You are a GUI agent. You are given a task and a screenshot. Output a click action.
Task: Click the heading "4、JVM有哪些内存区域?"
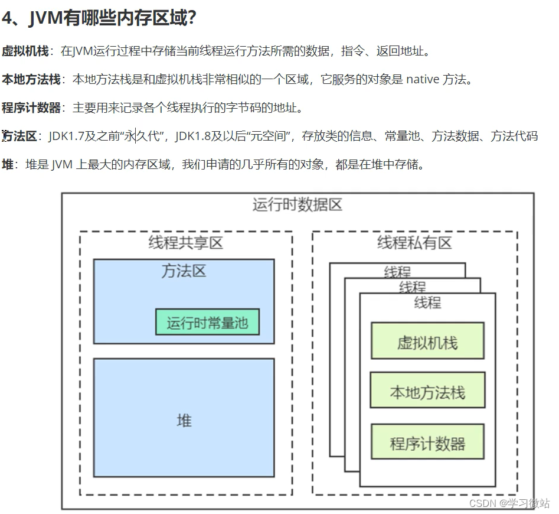[x=99, y=18]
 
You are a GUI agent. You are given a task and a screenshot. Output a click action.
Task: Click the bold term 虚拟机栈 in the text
[x=25, y=51]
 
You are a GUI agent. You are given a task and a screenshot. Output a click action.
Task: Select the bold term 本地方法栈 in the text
[x=31, y=79]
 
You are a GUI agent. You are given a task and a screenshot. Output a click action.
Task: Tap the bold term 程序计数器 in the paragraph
[x=31, y=108]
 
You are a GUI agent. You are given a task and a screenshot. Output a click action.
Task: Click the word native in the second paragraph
[x=423, y=79]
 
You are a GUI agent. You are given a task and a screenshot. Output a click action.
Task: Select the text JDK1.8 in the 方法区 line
[x=194, y=136]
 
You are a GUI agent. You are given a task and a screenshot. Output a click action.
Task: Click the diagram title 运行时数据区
[x=298, y=205]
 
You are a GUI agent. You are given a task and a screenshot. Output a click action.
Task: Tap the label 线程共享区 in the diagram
[x=185, y=242]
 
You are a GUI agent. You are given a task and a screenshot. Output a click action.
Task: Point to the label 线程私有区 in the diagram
[x=414, y=242]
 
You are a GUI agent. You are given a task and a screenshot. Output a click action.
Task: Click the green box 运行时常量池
[x=207, y=323]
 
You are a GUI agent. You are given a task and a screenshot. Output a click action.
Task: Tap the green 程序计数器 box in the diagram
[x=427, y=443]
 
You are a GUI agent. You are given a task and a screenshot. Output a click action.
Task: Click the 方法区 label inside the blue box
[x=184, y=271]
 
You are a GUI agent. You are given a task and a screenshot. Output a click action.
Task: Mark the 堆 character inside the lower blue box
[x=184, y=421]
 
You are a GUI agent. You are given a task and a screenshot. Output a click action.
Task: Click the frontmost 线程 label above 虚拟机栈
[x=427, y=303]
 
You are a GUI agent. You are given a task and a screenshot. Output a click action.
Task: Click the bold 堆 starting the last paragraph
[x=8, y=164]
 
